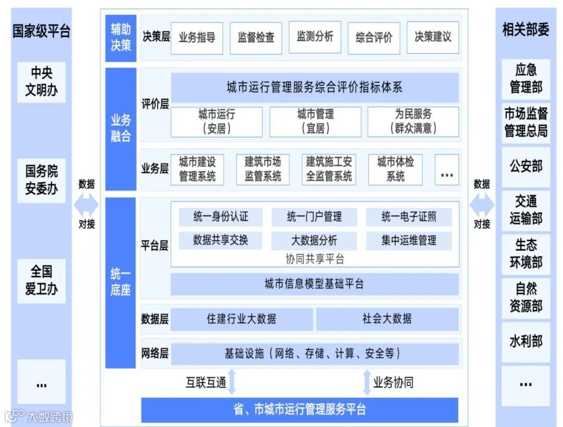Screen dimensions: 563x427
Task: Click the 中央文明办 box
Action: click(41, 81)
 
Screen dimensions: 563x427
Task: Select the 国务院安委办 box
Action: click(41, 180)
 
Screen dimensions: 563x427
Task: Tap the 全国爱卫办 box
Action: click(41, 280)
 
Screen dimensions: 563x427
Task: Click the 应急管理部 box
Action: click(525, 78)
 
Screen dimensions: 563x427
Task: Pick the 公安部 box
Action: click(525, 167)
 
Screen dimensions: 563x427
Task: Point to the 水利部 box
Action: click(525, 341)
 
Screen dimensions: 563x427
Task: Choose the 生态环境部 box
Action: click(525, 254)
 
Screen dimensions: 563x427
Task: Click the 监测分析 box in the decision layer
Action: click(315, 37)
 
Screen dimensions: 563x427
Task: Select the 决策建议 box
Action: click(433, 37)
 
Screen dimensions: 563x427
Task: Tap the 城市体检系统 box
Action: click(395, 169)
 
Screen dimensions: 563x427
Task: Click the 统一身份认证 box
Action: click(221, 217)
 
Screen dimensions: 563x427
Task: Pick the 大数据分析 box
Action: click(314, 241)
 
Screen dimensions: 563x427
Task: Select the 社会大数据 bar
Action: click(387, 318)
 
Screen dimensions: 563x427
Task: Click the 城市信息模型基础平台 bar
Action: click(314, 284)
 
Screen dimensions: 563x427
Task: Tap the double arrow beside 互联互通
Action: click(232, 382)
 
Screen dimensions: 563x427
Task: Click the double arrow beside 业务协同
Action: click(366, 382)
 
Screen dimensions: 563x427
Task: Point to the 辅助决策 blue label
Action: click(120, 38)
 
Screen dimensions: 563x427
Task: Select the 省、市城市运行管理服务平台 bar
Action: click(299, 409)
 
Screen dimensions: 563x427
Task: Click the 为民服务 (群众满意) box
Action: click(413, 121)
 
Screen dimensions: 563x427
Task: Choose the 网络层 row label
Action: click(155, 353)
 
